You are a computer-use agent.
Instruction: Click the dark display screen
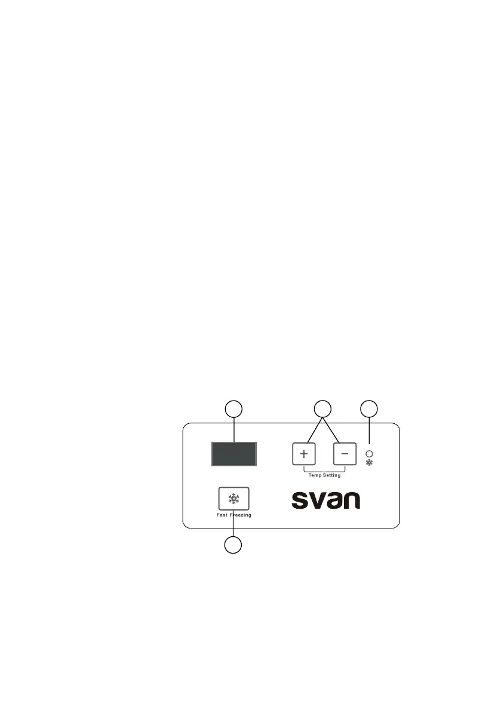click(234, 454)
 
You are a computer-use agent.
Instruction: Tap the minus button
click(345, 454)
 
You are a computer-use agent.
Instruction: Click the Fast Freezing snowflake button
click(233, 499)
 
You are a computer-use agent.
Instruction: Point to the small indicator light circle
click(369, 454)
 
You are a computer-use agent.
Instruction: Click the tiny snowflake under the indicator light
click(369, 463)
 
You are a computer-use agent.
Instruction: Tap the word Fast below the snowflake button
click(223, 515)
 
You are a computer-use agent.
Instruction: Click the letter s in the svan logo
click(300, 501)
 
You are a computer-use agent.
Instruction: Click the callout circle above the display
click(233, 410)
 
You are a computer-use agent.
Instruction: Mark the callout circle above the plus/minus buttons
click(323, 410)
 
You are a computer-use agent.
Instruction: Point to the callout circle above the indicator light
click(369, 410)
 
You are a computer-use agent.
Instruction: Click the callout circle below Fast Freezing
click(233, 545)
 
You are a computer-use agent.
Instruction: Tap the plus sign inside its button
click(303, 454)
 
